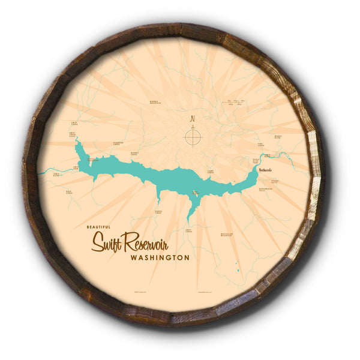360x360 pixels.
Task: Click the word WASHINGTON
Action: (160, 257)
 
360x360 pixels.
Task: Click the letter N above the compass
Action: (192, 118)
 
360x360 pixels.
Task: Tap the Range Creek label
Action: (158, 211)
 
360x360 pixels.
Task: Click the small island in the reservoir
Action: (195, 193)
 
